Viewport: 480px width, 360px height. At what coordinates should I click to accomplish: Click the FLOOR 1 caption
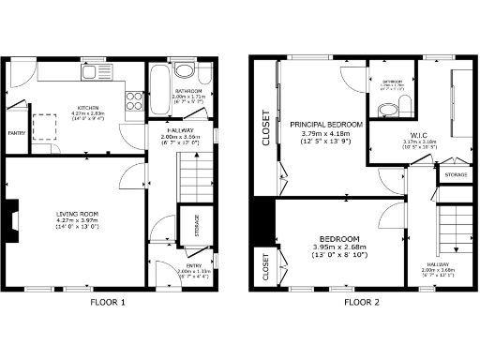107,302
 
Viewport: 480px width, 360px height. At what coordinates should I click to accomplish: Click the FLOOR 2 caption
361,302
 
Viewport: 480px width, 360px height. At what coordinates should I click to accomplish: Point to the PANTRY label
16,133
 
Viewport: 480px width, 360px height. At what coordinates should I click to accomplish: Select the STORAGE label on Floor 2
456,174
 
